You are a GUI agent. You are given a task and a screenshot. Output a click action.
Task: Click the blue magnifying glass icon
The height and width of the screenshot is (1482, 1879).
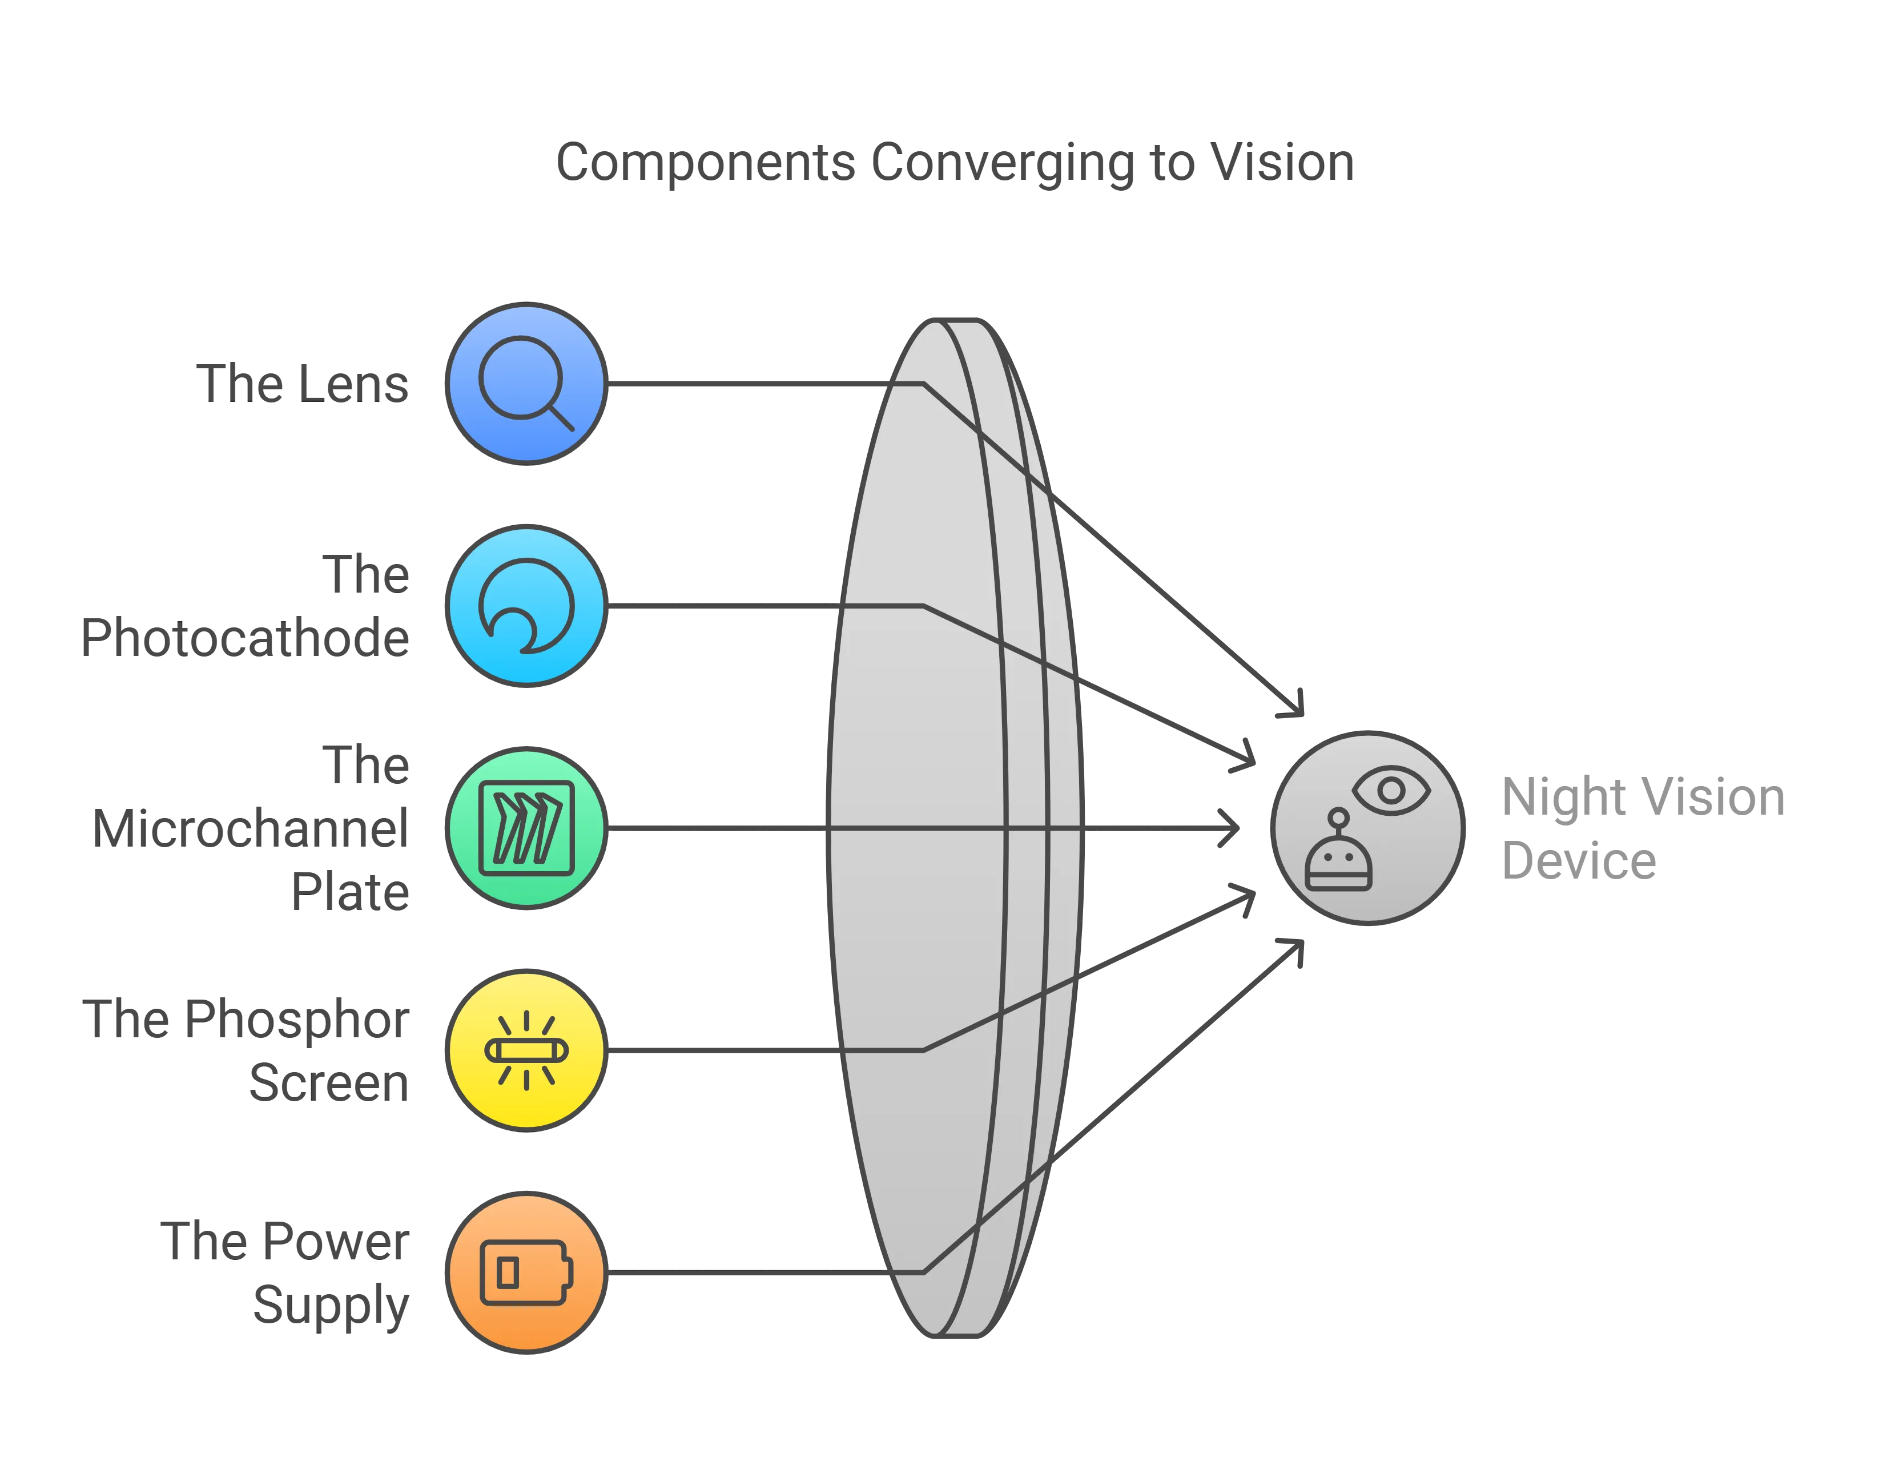(x=525, y=384)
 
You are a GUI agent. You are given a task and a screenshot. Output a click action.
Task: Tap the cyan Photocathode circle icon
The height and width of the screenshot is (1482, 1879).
(x=526, y=606)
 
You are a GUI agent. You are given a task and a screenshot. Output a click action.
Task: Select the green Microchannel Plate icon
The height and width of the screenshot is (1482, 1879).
(x=526, y=829)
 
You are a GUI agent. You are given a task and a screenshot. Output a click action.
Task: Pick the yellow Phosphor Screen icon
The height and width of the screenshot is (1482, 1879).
(x=526, y=1050)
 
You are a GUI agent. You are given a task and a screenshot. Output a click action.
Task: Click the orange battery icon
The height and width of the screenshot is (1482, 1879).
(x=526, y=1273)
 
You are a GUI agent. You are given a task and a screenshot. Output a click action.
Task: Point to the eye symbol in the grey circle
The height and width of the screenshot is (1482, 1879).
(x=1391, y=790)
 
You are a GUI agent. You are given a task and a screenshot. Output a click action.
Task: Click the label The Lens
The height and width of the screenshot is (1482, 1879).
(x=303, y=384)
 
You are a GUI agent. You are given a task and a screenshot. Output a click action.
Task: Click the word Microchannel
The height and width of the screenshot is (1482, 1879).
(x=249, y=831)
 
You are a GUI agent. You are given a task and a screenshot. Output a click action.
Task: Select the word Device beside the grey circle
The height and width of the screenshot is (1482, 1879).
(x=1580, y=861)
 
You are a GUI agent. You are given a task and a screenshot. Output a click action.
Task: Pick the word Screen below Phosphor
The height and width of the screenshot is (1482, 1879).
(x=330, y=1083)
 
